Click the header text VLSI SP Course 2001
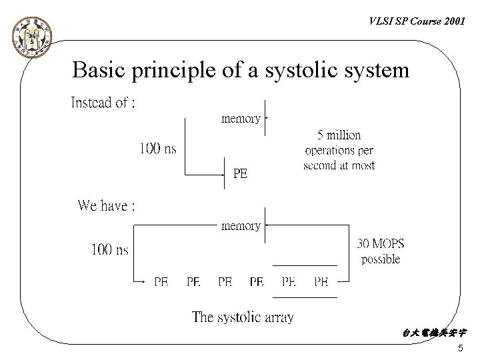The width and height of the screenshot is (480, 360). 417,21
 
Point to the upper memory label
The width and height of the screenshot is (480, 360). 241,119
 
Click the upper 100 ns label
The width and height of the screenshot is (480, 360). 157,148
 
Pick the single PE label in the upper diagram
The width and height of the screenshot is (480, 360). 240,174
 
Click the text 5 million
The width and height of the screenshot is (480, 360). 339,135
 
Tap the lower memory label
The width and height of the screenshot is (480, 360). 241,225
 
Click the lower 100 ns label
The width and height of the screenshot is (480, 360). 110,250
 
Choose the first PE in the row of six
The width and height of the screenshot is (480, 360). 161,282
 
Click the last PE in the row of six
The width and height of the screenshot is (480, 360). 321,282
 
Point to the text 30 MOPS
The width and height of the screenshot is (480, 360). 381,243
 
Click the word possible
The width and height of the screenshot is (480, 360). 381,259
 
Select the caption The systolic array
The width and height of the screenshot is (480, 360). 243,317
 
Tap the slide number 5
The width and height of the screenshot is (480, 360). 461,349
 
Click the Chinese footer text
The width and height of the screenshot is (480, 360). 435,332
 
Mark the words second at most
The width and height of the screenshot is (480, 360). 339,165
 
